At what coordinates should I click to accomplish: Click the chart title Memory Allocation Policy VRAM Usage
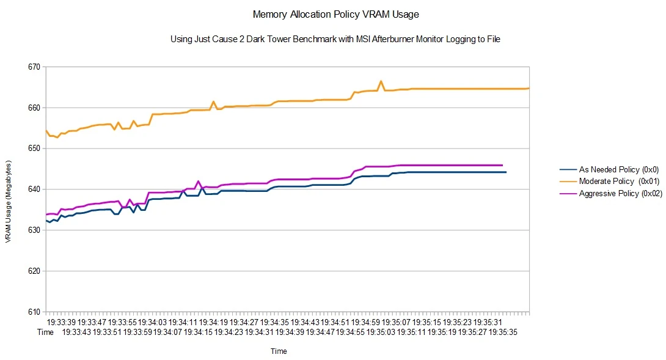tap(335, 13)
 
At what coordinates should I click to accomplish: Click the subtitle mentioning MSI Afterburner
tap(335, 39)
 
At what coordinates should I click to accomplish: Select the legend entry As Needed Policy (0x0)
tap(609, 170)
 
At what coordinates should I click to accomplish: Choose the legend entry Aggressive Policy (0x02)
tap(610, 194)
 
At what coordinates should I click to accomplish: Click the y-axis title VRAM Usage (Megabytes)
tap(9, 202)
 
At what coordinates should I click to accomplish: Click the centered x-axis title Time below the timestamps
tap(279, 351)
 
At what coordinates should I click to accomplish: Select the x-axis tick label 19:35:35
tap(502, 332)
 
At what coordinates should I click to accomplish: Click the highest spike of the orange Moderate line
tap(381, 81)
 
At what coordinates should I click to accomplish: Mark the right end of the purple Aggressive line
tap(502, 165)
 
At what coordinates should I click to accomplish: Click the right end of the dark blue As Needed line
tap(506, 172)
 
